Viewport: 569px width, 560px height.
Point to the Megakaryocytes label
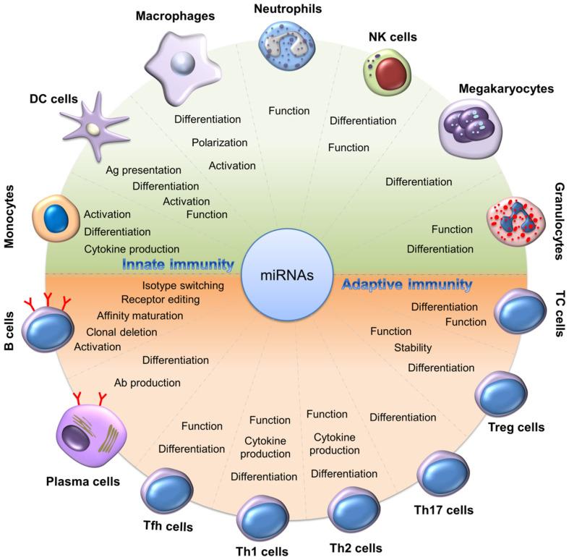point(505,88)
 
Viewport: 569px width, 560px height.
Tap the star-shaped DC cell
point(93,130)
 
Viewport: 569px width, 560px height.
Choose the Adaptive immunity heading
point(406,285)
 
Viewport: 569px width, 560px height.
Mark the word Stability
point(413,349)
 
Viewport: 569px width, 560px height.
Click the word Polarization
point(220,142)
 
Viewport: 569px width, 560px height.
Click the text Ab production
point(147,382)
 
